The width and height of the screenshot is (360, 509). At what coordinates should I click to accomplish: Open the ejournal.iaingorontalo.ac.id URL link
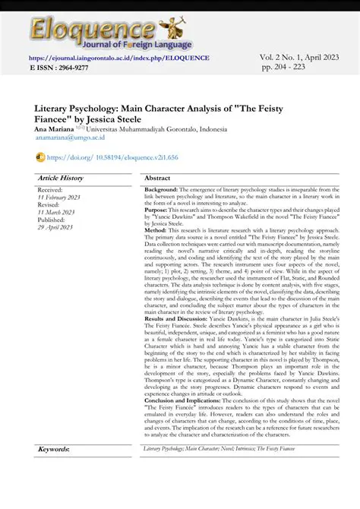pos(119,58)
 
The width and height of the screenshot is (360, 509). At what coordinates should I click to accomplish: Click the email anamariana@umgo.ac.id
pos(71,138)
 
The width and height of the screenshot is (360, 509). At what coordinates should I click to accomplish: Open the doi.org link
pos(112,157)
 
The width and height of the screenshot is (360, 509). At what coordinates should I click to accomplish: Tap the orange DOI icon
pos(40,157)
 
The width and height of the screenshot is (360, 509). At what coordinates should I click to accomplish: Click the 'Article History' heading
pos(60,178)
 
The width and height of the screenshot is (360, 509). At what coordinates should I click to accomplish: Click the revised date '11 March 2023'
pos(56,212)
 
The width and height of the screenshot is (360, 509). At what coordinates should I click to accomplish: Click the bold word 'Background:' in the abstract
pos(161,188)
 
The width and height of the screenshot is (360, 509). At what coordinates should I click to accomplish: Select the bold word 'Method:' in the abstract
pos(156,229)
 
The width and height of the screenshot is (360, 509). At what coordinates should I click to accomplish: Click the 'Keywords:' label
pos(53,450)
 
